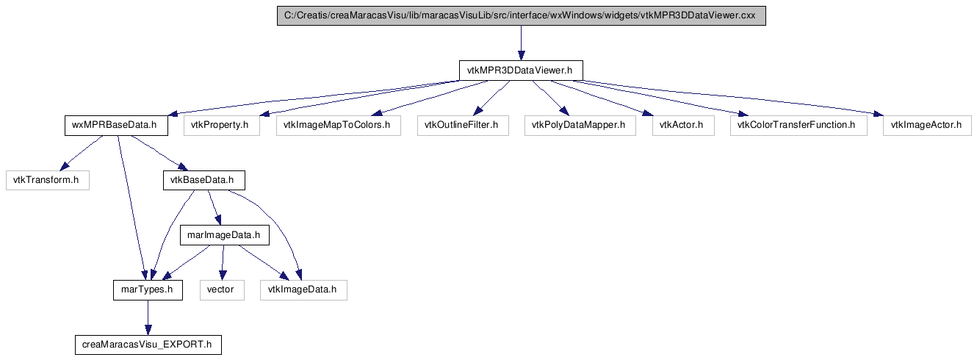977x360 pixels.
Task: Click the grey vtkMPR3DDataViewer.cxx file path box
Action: (522, 15)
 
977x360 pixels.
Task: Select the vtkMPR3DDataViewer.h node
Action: (521, 71)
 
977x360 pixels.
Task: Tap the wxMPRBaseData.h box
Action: (116, 126)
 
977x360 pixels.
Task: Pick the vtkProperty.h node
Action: (222, 126)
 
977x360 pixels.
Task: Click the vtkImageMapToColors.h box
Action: (339, 126)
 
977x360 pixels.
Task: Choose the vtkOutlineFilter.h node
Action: (463, 126)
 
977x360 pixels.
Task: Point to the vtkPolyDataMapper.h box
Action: (580, 126)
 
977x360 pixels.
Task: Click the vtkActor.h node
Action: (683, 126)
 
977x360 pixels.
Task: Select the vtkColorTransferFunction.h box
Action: (798, 126)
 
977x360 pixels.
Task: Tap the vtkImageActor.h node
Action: (927, 126)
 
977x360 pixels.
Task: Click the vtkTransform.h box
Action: (48, 180)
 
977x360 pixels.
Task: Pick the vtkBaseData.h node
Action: (204, 180)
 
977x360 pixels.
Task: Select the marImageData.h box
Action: (225, 235)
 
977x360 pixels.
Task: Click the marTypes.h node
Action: (148, 290)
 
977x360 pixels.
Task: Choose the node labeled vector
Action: (222, 290)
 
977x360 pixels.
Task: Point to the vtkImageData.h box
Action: (303, 290)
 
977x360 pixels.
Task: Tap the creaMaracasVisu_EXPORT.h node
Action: (148, 345)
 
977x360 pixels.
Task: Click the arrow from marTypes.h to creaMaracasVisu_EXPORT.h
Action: (148, 317)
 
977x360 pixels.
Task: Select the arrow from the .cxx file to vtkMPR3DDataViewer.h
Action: (521, 43)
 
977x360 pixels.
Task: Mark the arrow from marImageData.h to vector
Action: (223, 263)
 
